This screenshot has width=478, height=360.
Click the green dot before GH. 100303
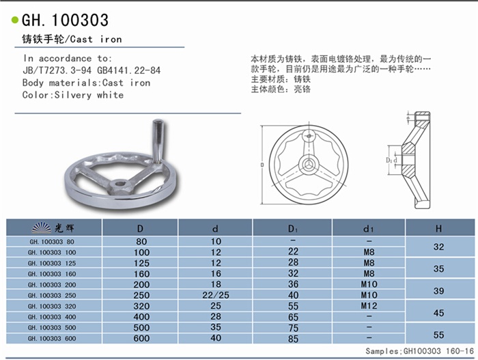(14, 20)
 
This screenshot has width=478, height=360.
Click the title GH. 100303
(66, 20)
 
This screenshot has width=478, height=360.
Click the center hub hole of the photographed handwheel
(119, 184)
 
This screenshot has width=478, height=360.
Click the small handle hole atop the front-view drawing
(309, 136)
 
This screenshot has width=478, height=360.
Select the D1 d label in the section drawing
(392, 160)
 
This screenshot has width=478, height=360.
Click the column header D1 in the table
(292, 228)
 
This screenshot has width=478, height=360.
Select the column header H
(438, 228)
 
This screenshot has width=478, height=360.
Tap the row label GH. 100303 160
(52, 274)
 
